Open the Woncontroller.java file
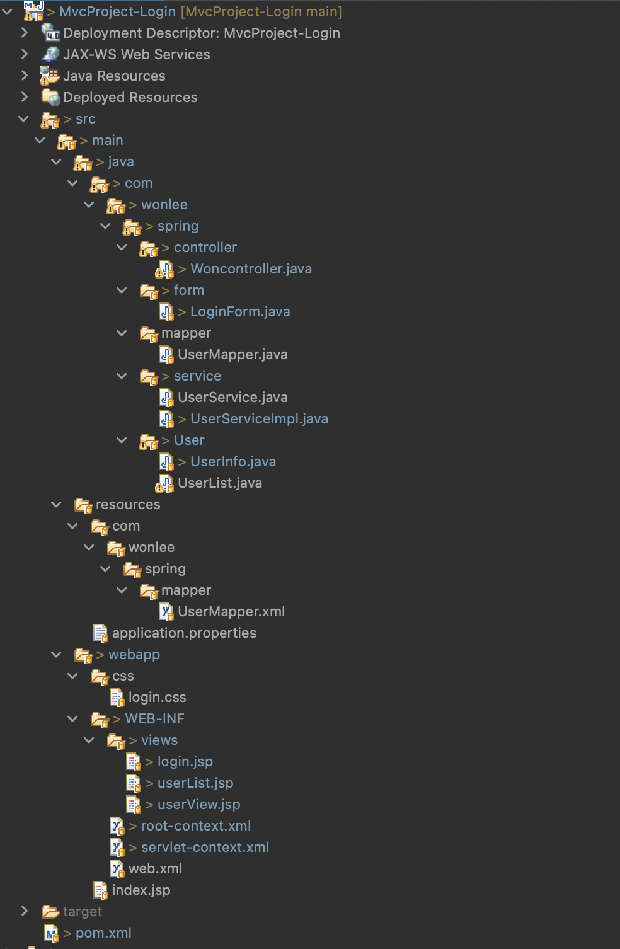click(x=251, y=269)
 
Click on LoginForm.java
click(x=240, y=312)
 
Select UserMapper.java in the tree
click(x=233, y=355)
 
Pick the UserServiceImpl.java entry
click(x=259, y=419)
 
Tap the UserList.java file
click(x=220, y=483)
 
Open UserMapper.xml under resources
click(x=231, y=612)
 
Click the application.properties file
click(x=184, y=633)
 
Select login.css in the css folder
click(x=157, y=698)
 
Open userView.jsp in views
click(x=198, y=805)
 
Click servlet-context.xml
click(x=205, y=848)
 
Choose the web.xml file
click(x=155, y=869)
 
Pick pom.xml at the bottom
click(x=103, y=933)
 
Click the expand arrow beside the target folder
click(x=25, y=911)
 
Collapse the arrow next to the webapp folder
click(x=57, y=655)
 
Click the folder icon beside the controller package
click(x=148, y=248)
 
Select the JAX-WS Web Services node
click(x=136, y=55)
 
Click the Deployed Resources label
click(x=130, y=98)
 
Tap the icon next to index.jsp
click(x=100, y=890)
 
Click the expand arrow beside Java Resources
click(x=25, y=76)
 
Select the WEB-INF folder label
click(x=154, y=719)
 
